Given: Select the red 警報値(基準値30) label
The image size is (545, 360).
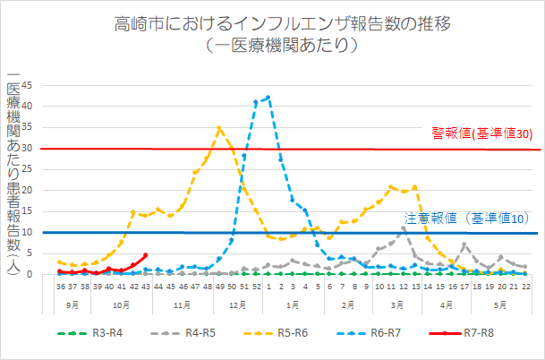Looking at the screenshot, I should [482, 133].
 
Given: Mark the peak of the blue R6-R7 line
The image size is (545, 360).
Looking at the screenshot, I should [268, 97].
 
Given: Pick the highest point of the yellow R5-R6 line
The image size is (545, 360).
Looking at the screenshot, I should [219, 127].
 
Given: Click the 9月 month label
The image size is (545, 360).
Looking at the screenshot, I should [72, 304].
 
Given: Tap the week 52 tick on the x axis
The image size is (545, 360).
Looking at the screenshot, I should [256, 287].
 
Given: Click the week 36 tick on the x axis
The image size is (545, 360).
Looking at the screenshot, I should [60, 287].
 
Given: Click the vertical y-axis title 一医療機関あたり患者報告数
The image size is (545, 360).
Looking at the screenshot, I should [13, 170].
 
